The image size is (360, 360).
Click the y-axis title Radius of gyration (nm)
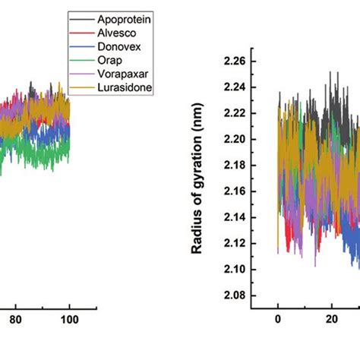(x=196, y=185)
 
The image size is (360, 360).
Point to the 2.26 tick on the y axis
(x=235, y=61)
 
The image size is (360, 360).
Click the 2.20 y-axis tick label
(x=235, y=139)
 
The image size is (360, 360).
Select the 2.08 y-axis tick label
(x=235, y=295)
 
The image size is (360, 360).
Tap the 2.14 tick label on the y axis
(x=235, y=217)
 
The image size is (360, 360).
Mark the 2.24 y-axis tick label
(x=235, y=87)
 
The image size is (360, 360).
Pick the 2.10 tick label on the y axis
(x=235, y=270)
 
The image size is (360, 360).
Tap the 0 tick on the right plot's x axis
(x=278, y=320)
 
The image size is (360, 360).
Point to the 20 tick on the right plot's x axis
(x=331, y=320)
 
